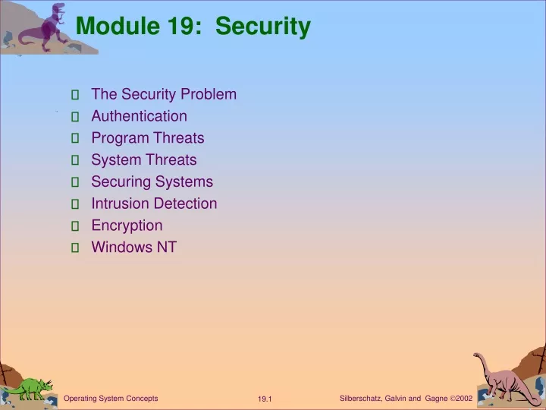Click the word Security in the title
(x=263, y=27)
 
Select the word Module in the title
(x=118, y=26)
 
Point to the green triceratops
(x=30, y=389)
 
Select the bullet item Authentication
(x=140, y=116)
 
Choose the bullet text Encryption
(x=127, y=225)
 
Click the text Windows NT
(x=134, y=248)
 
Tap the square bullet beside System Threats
(x=75, y=160)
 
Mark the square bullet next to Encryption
(x=75, y=226)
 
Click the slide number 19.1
(x=265, y=399)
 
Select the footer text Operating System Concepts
(x=111, y=399)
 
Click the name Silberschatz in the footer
(x=360, y=399)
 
